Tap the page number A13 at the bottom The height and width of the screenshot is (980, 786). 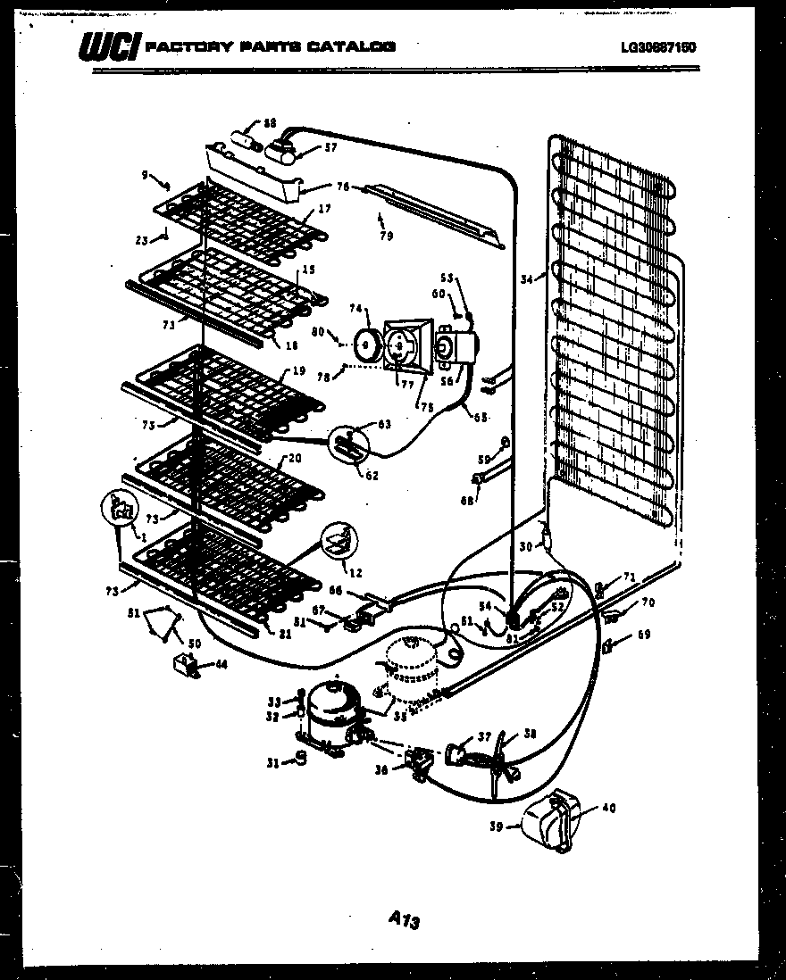point(404,918)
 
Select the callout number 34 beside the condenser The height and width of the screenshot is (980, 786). point(528,279)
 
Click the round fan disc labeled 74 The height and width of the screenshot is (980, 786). point(365,344)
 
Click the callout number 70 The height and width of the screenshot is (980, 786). point(648,603)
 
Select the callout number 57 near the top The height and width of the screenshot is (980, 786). point(306,148)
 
